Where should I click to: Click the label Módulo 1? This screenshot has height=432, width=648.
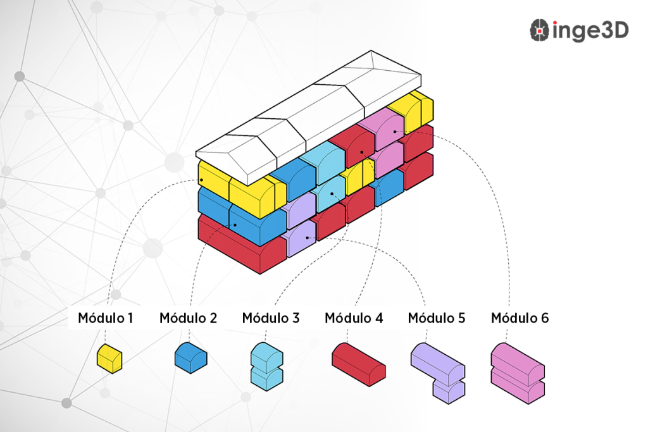pos(106,318)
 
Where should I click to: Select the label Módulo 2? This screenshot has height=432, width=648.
pos(188,318)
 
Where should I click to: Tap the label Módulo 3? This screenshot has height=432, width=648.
pos(271,318)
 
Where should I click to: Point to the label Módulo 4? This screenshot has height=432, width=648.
pos(354,318)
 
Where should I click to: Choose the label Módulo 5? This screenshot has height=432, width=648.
pos(437,318)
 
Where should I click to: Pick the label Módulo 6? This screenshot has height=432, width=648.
pos(520,318)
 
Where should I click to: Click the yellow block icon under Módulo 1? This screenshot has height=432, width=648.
pos(109,359)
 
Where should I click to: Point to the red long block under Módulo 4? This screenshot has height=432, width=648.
pos(359,364)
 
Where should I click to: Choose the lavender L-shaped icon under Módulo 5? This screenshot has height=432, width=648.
pos(439,371)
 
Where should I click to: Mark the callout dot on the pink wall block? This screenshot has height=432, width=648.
pos(395,132)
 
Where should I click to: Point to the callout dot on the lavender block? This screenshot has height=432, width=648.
pos(307,238)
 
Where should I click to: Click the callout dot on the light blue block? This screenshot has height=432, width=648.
pos(332,194)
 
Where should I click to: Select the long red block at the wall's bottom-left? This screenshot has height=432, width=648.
pos(240,244)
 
